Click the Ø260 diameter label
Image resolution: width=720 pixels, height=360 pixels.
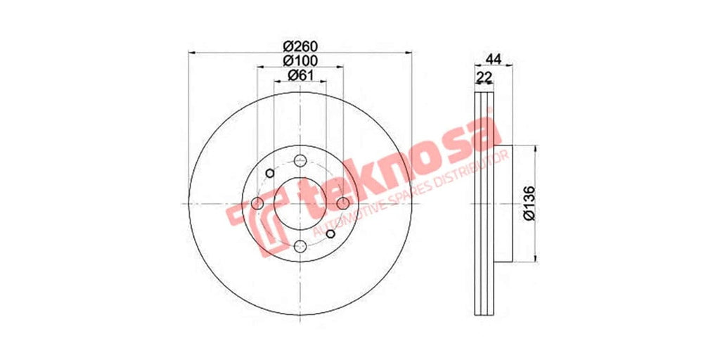point(300,44)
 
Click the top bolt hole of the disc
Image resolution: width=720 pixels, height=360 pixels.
point(300,160)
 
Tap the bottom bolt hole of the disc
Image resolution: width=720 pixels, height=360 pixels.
point(300,246)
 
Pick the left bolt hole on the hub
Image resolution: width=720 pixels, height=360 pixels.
point(257,203)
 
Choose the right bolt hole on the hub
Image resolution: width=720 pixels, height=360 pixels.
point(343,203)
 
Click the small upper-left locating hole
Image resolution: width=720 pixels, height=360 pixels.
point(270,173)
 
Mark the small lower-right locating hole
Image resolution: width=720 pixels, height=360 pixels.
point(330,233)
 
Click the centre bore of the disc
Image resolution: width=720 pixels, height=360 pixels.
point(300,203)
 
